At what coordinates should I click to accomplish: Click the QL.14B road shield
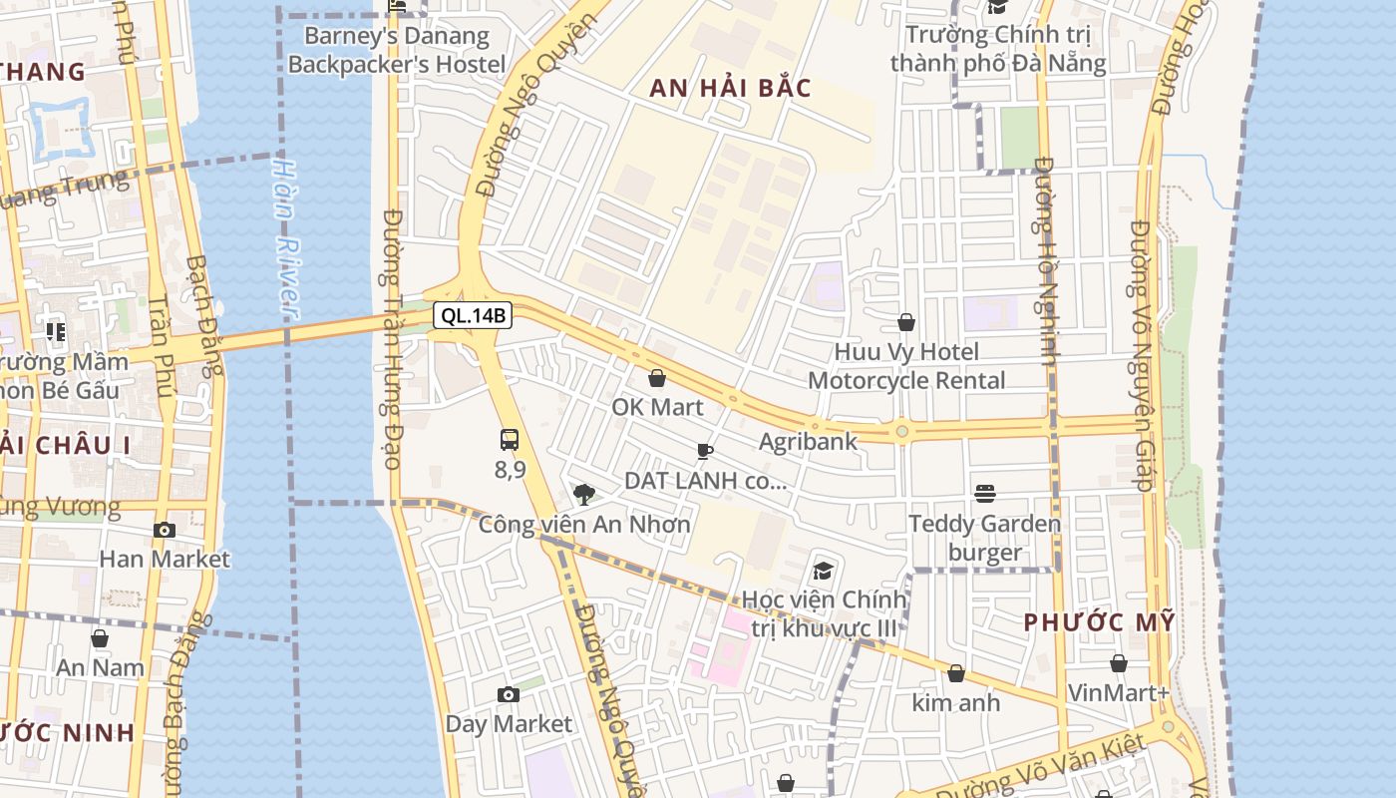[x=474, y=316]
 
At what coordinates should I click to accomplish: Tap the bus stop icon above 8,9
[x=509, y=439]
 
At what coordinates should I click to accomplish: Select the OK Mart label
[x=657, y=407]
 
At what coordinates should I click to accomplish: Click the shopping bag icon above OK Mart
[x=657, y=378]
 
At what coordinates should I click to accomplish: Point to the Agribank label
[x=808, y=441]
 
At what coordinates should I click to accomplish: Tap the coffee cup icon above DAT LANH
[x=705, y=451]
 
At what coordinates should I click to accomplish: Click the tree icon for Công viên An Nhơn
[x=584, y=494]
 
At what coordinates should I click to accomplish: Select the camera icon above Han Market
[x=165, y=530]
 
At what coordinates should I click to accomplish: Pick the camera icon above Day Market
[x=509, y=694]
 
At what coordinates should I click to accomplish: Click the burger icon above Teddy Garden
[x=985, y=494]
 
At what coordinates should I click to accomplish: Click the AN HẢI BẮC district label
[x=730, y=88]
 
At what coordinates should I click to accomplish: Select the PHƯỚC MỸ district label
[x=1100, y=622]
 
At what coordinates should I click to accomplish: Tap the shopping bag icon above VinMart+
[x=1119, y=663]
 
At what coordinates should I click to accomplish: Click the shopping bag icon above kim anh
[x=956, y=674]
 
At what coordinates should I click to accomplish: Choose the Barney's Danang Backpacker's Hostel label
[x=397, y=51]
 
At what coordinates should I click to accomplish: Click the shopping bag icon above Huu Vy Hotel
[x=906, y=322]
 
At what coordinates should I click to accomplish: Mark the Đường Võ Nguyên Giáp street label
[x=1141, y=354]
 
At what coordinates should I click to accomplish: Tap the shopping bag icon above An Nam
[x=100, y=638]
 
